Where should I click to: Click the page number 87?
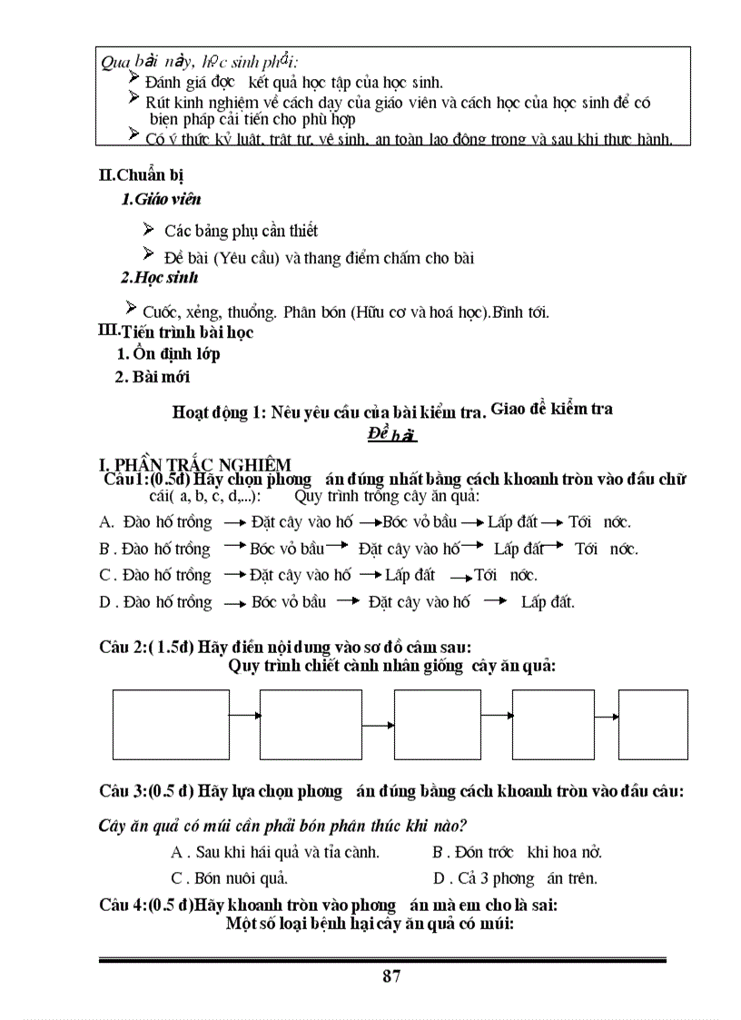392,976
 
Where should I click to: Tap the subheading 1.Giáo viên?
161,199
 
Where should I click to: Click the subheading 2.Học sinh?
159,278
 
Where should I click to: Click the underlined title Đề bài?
392,435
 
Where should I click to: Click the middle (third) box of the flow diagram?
437,724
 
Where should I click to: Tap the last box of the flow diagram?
653,724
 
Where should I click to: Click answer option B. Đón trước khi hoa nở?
517,852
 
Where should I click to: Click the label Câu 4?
123,905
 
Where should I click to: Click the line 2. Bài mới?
153,376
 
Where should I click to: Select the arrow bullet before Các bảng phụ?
149,228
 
